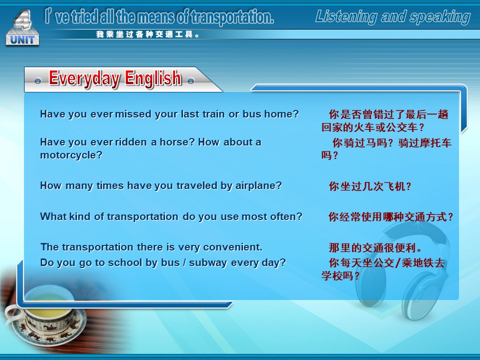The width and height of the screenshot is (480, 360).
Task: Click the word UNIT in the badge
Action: pos(22,39)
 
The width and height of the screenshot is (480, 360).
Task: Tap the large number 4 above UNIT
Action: pos(23,19)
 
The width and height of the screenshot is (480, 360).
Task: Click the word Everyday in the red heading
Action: pos(84,78)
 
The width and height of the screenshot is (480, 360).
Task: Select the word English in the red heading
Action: pos(153,78)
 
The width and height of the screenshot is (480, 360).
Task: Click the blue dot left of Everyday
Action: pos(37,81)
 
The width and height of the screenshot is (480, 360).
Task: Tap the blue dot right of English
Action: pos(190,81)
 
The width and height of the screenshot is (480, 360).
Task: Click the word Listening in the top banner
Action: pos(346,16)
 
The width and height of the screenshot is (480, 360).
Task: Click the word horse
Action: pos(177,142)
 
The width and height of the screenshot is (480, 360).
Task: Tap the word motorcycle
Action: pos(70,155)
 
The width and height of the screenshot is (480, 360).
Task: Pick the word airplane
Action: pos(258,186)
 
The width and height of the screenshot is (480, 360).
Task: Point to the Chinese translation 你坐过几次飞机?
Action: pos(370,186)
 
